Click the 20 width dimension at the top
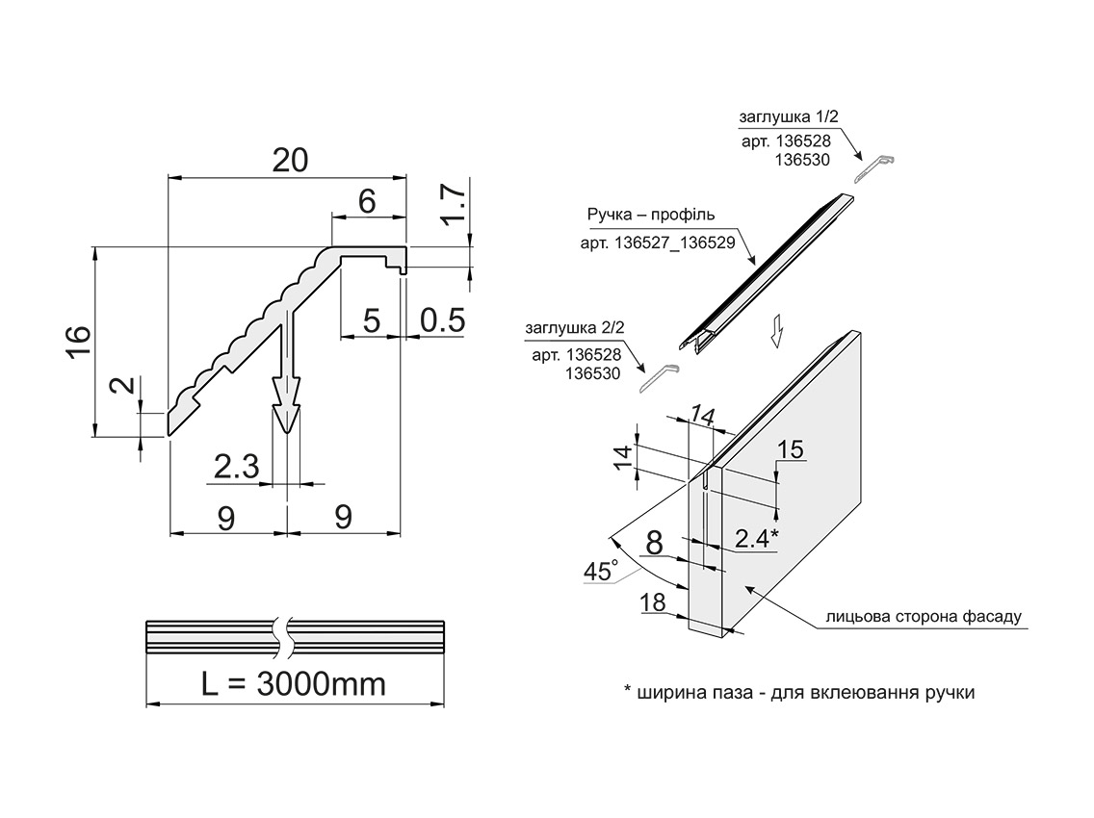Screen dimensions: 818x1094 click(x=290, y=160)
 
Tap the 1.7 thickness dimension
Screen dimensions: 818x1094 click(x=456, y=205)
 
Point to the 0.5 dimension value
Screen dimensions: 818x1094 click(x=443, y=320)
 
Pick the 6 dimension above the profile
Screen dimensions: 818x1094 click(x=366, y=201)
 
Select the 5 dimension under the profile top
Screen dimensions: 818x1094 click(x=372, y=320)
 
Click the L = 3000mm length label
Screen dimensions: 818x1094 click(x=294, y=684)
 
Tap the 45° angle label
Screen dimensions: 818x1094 click(x=600, y=571)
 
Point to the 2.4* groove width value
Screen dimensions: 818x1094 click(x=756, y=538)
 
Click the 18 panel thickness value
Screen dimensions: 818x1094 click(x=652, y=603)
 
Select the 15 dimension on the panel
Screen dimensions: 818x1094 click(x=789, y=448)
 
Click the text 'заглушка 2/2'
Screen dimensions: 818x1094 click(x=575, y=328)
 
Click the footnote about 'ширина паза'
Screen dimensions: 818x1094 click(x=799, y=692)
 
